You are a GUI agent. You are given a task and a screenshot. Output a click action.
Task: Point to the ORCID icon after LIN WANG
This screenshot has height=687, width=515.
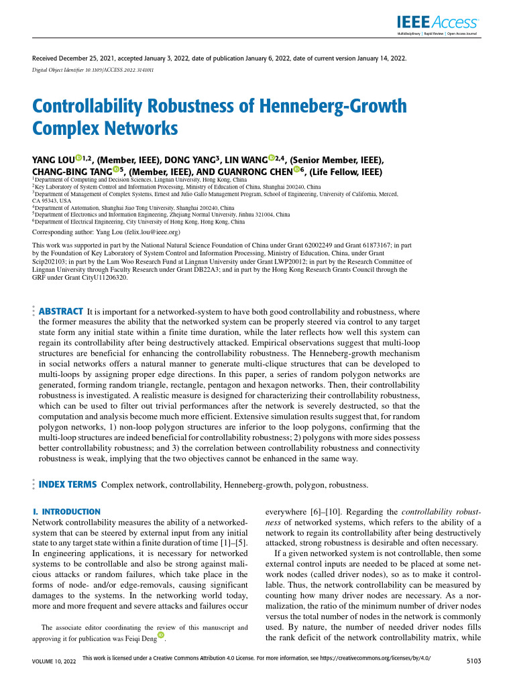[x=272, y=159]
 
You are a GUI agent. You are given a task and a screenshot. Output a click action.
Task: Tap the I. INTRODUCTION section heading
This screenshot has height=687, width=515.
[x=66, y=512]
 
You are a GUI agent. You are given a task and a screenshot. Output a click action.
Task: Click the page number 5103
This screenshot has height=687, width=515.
[x=474, y=661]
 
